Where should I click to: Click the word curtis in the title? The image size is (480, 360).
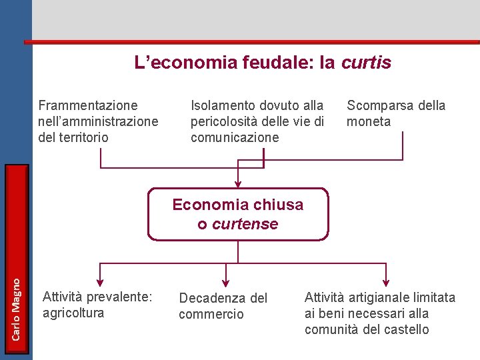pos(366,63)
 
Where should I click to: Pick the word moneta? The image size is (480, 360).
pos(369,121)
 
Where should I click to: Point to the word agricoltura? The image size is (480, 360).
pos(73,313)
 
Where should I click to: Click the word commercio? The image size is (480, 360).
pos(211,314)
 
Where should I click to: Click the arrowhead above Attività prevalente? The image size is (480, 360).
pos(100,280)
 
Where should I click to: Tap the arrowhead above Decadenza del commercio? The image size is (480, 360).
pos(225,281)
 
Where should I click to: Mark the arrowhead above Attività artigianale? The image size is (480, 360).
pos(385,281)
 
